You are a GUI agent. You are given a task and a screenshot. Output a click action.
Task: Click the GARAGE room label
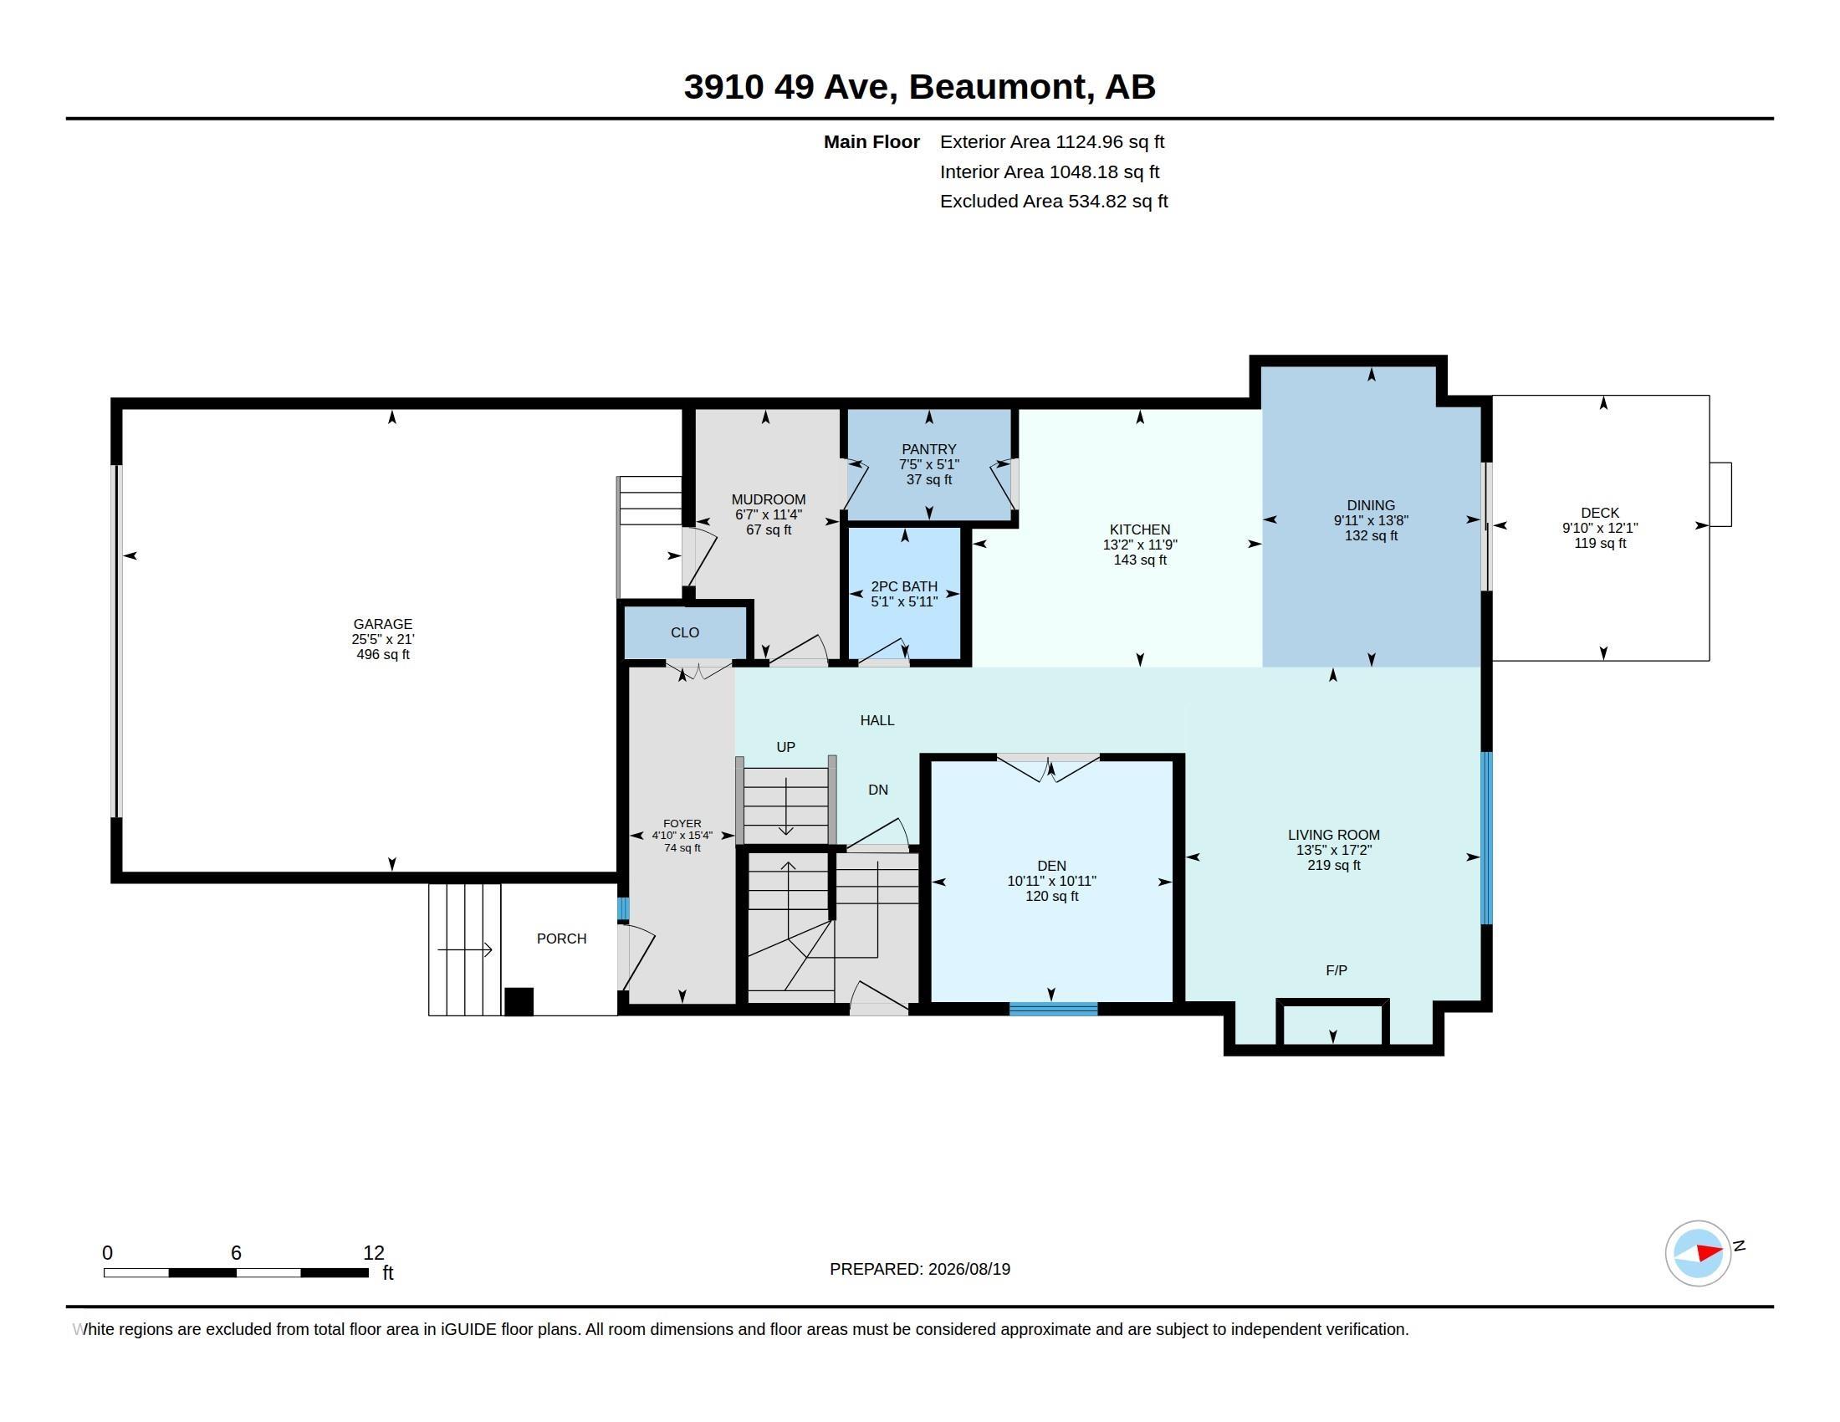382,624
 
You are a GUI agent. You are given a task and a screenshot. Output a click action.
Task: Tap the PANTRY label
928,449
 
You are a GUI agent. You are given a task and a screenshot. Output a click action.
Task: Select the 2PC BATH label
904,586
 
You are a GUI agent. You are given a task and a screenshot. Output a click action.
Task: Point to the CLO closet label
685,632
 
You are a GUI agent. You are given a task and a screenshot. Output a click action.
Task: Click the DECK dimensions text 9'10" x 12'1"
1600,528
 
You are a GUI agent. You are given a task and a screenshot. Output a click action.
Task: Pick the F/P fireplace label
1337,970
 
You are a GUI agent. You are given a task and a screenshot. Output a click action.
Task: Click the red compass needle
1709,1252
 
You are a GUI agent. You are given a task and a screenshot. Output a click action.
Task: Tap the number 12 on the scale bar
373,1253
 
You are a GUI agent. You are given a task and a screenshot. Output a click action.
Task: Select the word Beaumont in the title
998,87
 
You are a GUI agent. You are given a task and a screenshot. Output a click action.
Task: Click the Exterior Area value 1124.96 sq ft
1110,141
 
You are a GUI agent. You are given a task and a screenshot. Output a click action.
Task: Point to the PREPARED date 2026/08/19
969,1269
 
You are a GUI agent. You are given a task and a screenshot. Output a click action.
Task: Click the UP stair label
785,747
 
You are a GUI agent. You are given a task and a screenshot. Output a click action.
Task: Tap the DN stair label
878,790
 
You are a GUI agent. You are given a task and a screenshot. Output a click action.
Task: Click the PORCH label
561,939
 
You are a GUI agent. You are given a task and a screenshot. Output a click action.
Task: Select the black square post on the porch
519,1001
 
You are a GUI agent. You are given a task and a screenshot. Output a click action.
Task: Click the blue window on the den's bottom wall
1053,1009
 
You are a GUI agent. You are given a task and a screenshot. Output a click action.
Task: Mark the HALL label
877,720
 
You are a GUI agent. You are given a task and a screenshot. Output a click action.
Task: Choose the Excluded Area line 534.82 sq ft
1054,202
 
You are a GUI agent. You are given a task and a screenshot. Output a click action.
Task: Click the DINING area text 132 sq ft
1371,536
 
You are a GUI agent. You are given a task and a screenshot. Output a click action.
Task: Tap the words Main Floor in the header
871,141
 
